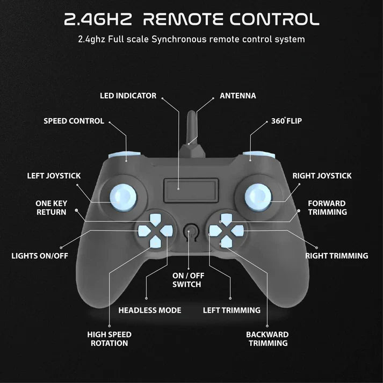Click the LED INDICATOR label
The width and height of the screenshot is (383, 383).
(128, 96)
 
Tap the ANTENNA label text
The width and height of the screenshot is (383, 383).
(238, 96)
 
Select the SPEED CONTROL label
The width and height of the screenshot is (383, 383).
(74, 121)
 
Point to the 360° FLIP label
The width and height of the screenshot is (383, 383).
(286, 121)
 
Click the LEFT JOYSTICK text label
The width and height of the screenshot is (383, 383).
(54, 176)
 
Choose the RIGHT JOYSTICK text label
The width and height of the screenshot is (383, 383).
(322, 176)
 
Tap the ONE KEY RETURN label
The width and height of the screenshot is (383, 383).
(51, 208)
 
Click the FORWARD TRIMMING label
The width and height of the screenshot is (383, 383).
(327, 208)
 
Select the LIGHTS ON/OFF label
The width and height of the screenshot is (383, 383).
(40, 256)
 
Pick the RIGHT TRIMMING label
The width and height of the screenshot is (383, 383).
(337, 256)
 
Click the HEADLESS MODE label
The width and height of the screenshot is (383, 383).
(149, 310)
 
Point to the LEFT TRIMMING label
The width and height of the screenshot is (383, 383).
(232, 310)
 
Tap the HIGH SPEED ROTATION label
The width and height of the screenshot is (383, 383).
(109, 338)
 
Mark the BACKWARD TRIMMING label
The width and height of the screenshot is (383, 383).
(267, 338)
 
